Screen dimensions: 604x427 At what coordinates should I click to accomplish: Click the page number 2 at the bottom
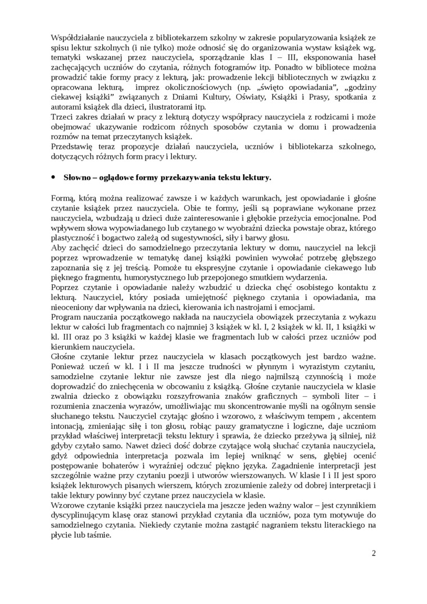point(374,553)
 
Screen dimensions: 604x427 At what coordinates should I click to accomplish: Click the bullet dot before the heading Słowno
point(53,178)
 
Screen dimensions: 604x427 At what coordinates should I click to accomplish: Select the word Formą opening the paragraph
point(62,199)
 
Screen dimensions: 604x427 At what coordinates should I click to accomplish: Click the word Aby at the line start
point(58,249)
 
